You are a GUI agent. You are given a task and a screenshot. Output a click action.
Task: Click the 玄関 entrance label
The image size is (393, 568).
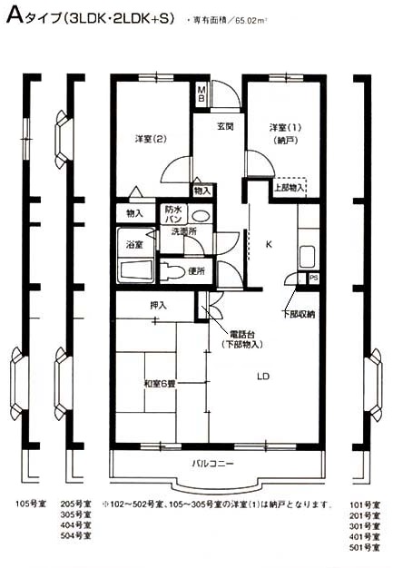(225, 125)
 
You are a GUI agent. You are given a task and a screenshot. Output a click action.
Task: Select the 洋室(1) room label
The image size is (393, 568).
(283, 126)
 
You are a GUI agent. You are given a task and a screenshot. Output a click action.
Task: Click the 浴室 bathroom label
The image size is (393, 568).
(134, 245)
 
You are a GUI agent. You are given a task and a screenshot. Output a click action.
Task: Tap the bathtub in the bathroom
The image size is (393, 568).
(137, 271)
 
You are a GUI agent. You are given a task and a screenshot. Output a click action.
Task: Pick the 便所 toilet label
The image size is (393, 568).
(195, 271)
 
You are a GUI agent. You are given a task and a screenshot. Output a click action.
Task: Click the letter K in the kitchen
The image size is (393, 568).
(268, 244)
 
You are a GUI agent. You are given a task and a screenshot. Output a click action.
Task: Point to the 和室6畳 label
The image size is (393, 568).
(160, 384)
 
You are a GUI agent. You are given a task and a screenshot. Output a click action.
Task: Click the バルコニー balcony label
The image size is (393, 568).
(213, 464)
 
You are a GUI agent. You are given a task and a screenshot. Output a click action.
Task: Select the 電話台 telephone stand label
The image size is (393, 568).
(242, 332)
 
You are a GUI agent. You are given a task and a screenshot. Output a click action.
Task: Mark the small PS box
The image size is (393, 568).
(314, 278)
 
